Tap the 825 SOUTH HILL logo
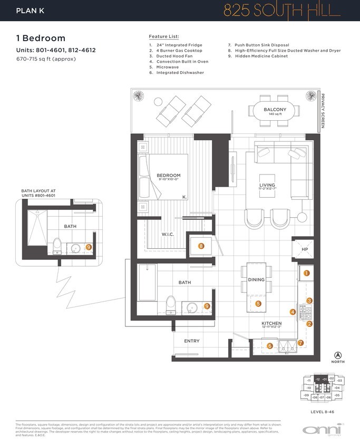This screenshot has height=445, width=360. (295, 11)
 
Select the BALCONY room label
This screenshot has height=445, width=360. (275, 110)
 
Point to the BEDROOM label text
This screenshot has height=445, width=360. (168, 176)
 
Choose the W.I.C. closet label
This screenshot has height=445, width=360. (168, 234)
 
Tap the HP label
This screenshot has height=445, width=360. (305, 249)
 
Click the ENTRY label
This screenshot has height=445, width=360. (191, 341)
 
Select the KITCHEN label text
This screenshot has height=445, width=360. (271, 323)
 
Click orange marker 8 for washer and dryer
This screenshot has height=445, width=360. (201, 246)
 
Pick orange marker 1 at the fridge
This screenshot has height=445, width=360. (306, 273)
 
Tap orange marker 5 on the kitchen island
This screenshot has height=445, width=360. (258, 304)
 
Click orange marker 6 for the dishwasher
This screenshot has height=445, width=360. (270, 346)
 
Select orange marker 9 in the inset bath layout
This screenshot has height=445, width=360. (89, 246)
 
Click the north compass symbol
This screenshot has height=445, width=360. (338, 356)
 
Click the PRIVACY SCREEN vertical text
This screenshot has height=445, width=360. (323, 111)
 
